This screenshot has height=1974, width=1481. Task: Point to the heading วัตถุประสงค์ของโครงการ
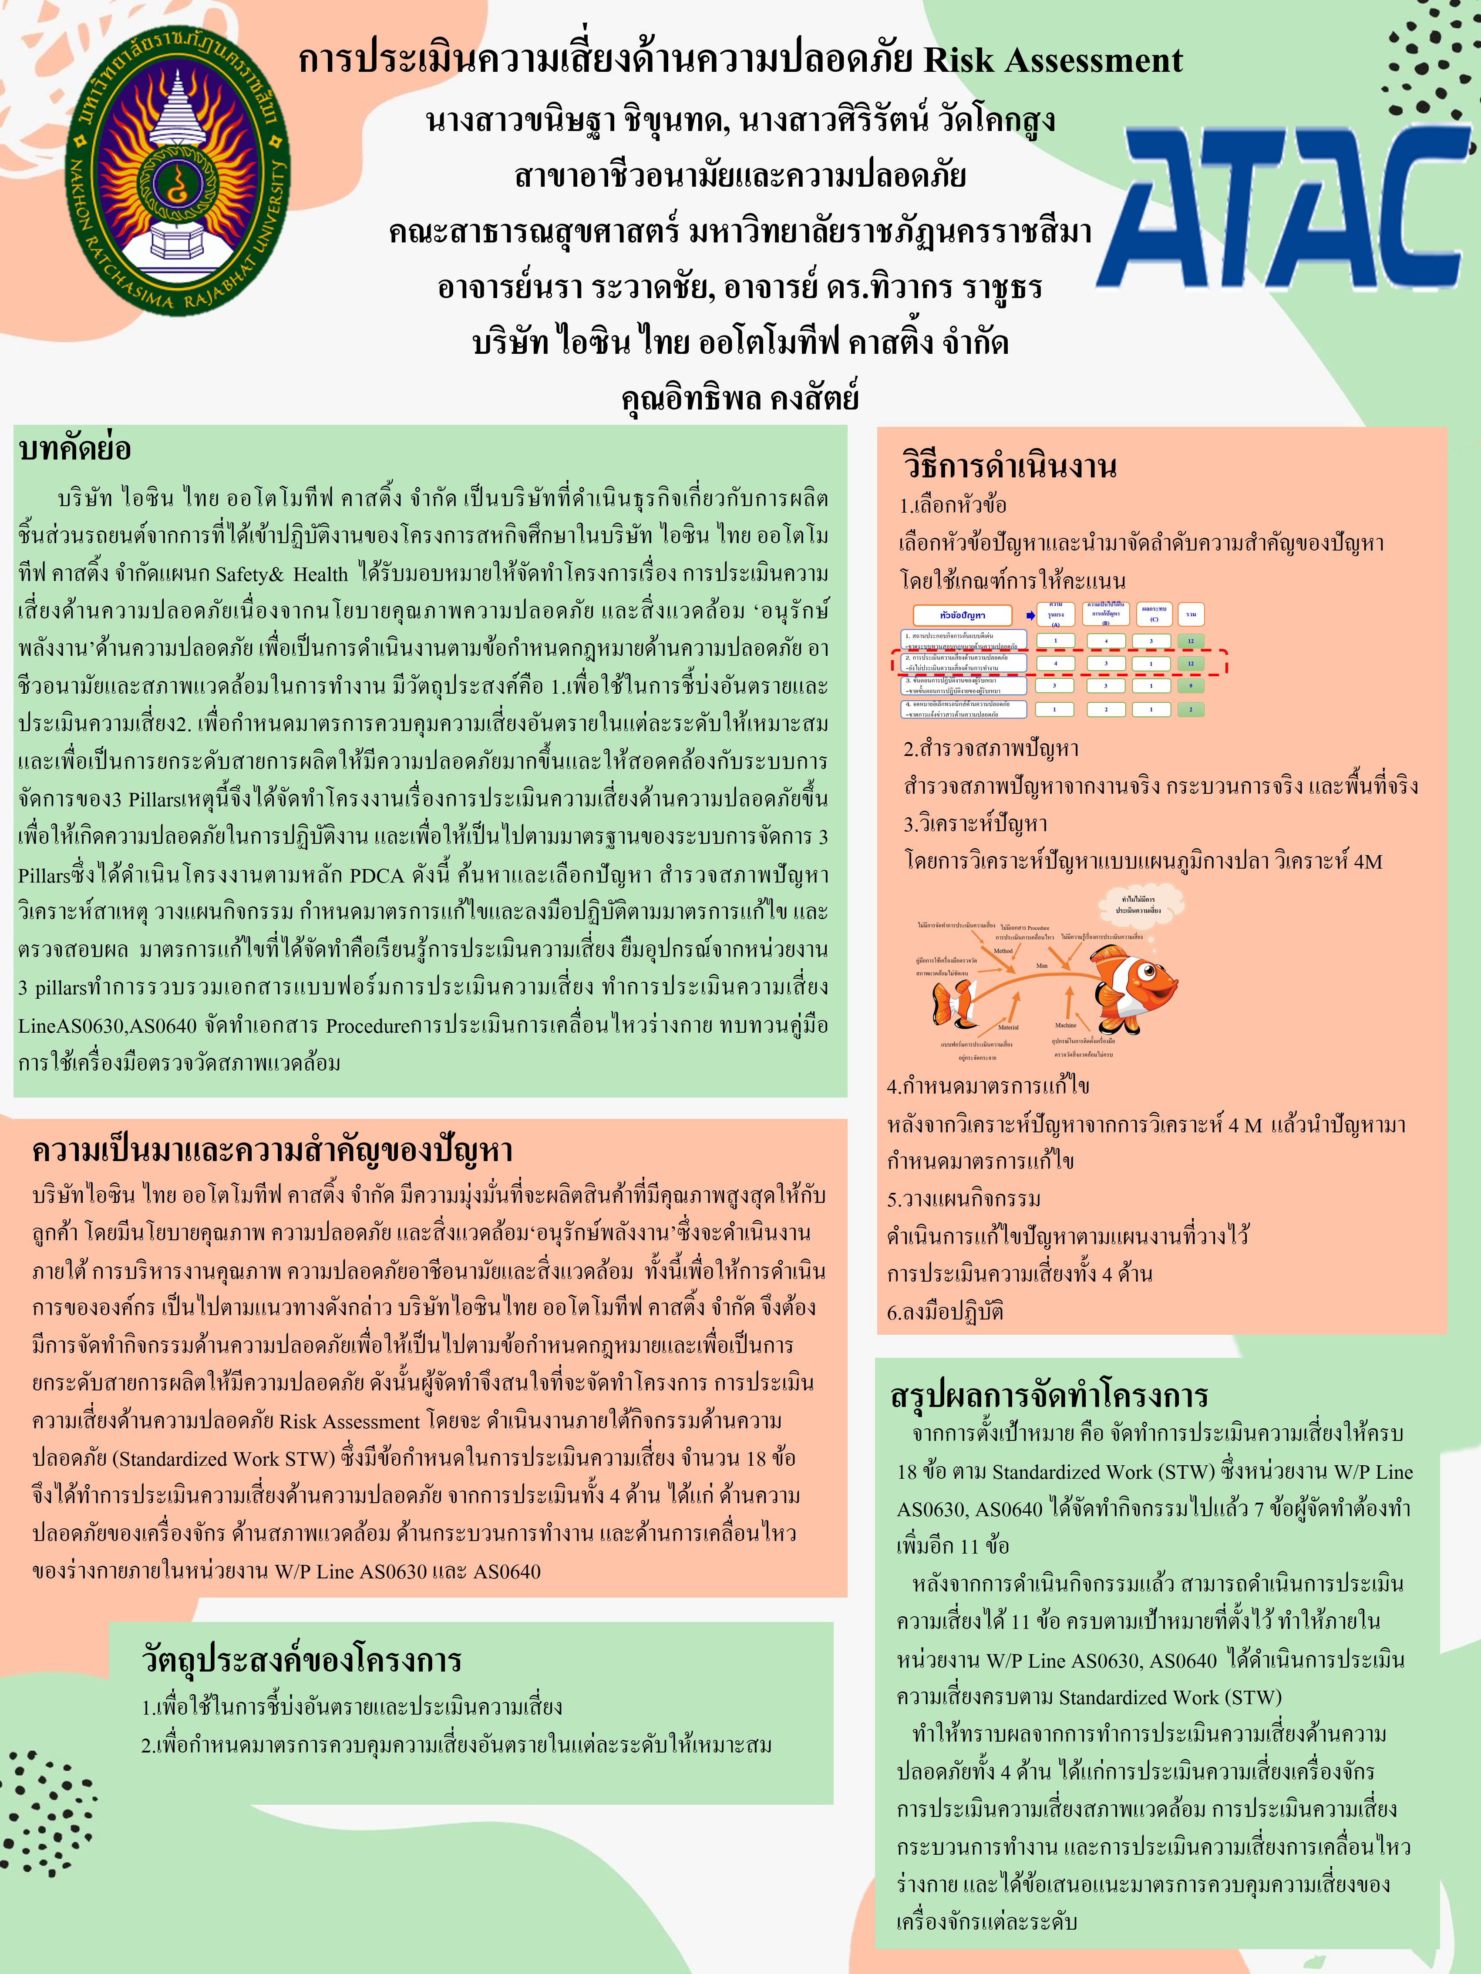[302, 1659]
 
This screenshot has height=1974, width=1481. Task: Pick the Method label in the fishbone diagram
[1003, 950]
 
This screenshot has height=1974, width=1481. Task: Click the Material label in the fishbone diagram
[1008, 1027]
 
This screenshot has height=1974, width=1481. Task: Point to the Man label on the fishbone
[1042, 966]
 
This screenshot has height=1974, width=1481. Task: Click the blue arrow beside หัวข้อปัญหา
[1031, 615]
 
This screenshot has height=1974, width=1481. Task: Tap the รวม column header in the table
[1191, 614]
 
